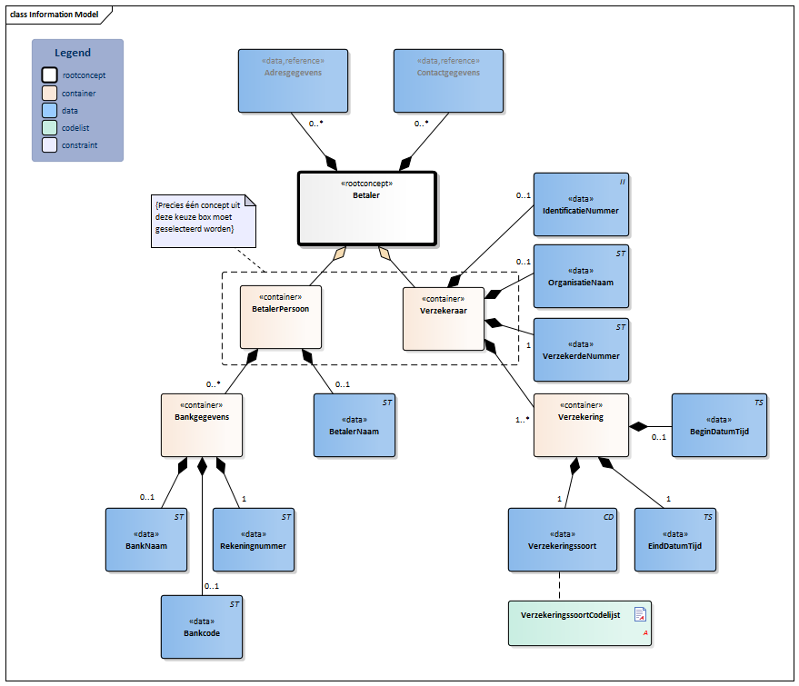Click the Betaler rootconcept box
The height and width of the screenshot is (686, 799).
click(x=367, y=208)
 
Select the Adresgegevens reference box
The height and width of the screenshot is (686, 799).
click(x=293, y=80)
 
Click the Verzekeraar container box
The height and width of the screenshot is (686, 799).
click(x=443, y=318)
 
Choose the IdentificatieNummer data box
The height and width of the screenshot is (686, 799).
click(x=580, y=204)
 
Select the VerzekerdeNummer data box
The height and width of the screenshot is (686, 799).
click(x=580, y=350)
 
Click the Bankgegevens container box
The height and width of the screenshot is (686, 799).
click(x=202, y=424)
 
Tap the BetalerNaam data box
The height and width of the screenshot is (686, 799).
click(x=354, y=424)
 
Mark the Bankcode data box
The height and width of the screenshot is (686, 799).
click(x=202, y=627)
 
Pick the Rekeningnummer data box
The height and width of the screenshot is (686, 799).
click(x=254, y=540)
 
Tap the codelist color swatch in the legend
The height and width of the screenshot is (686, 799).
click(x=49, y=128)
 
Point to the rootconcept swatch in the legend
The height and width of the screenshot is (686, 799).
click(x=49, y=75)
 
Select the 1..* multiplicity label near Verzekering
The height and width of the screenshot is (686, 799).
click(x=523, y=420)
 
